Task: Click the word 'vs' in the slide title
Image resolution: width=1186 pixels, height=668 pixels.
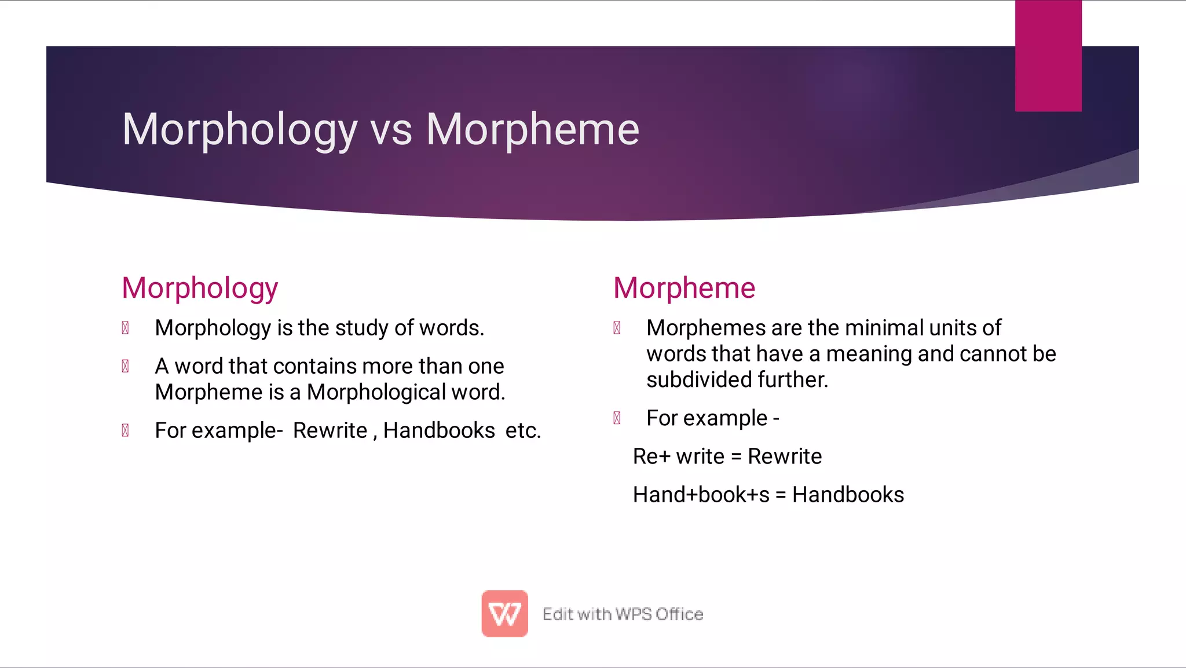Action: (391, 130)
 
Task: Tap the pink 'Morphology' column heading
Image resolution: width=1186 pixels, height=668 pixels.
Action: (200, 289)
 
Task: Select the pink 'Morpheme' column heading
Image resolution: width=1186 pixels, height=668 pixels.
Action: (684, 288)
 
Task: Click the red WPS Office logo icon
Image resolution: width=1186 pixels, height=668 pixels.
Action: (504, 614)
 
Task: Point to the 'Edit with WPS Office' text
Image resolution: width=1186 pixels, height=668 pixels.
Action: (623, 614)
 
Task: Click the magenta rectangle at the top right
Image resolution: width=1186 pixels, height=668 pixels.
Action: (1048, 56)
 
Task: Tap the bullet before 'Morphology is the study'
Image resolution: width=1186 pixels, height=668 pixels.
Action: (125, 328)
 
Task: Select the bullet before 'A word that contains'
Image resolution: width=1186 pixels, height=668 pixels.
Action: (125, 366)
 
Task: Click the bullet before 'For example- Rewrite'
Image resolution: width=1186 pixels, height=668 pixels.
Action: (125, 430)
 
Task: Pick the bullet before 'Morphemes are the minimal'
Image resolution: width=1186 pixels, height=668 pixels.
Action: (617, 328)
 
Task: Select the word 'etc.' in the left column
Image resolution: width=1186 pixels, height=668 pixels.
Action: (523, 430)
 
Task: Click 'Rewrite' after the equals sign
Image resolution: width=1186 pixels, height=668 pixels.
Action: (785, 457)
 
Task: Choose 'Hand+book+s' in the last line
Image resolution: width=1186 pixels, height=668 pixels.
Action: (701, 495)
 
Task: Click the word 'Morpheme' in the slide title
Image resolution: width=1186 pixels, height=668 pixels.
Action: (533, 130)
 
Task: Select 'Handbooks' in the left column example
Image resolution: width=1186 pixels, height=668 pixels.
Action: (439, 430)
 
